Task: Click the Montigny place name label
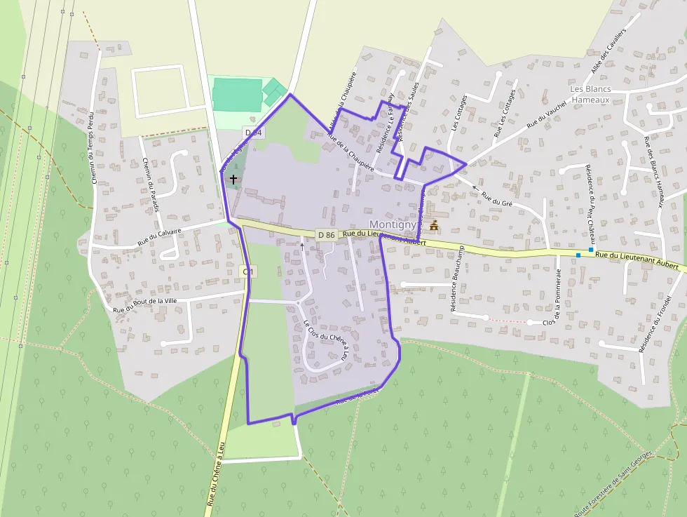tap(393, 224)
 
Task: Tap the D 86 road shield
tap(325, 234)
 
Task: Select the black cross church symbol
tap(233, 180)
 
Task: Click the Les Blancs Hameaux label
tap(590, 95)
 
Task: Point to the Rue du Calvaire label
tap(159, 236)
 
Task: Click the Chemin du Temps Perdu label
tap(93, 147)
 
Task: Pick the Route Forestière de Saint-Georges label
tap(613, 483)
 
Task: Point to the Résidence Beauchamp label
tap(458, 281)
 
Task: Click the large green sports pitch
tap(238, 95)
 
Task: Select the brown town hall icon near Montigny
tap(434, 226)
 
